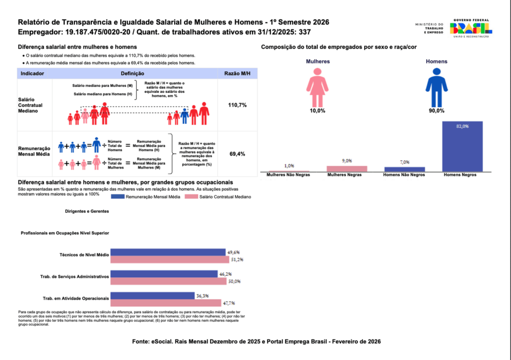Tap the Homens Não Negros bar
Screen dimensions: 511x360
[404, 169]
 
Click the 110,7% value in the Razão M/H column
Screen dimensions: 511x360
[237, 105]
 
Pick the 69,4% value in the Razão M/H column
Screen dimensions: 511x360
[237, 154]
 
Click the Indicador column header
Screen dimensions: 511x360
[32, 74]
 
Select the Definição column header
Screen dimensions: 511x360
[132, 74]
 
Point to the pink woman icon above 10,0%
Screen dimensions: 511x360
[317, 88]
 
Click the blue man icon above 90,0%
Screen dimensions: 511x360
[436, 88]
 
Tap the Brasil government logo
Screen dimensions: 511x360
[471, 28]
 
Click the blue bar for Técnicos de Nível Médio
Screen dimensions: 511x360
[168, 252]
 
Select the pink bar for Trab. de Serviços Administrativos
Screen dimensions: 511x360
[169, 281]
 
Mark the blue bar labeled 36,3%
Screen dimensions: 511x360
[153, 296]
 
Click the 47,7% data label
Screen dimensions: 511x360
[229, 303]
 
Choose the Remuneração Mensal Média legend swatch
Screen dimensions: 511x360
[118, 196]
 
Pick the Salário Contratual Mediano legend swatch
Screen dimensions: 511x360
[191, 196]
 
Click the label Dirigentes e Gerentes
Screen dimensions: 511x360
[87, 211]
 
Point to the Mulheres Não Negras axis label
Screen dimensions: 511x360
[288, 175]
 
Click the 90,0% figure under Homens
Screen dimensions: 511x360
[436, 111]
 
